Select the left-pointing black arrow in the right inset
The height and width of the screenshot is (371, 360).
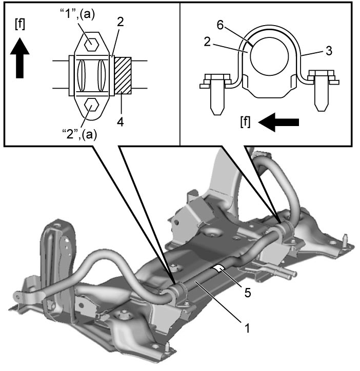[x=278, y=122]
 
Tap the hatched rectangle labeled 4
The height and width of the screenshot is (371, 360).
[x=123, y=75]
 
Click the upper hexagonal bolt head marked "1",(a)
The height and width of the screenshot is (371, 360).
[x=92, y=44]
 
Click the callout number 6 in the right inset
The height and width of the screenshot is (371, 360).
[x=221, y=25]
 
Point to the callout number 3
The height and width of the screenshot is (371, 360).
[x=329, y=51]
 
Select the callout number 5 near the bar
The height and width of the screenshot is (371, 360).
[x=248, y=293]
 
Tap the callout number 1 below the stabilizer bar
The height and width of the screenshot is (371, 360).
[x=247, y=328]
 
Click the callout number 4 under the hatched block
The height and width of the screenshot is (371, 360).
[x=121, y=122]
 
